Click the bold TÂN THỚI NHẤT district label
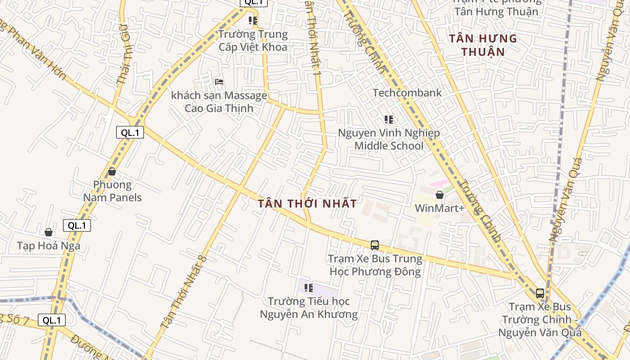308,203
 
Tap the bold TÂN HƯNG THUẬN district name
483,45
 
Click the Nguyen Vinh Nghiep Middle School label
389,139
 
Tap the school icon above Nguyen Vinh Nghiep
389,120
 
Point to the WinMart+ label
439,208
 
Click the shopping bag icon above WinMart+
440,195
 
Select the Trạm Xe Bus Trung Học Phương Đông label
375,265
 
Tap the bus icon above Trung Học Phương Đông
375,245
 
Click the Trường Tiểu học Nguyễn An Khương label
309,308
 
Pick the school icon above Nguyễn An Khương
309,288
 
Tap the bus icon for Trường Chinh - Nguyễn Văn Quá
540,293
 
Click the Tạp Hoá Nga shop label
49,246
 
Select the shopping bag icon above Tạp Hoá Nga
49,232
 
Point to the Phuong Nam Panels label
112,191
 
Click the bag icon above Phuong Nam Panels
112,171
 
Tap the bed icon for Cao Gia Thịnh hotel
219,82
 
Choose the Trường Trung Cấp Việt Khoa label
253,40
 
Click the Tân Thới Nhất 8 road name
184,292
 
